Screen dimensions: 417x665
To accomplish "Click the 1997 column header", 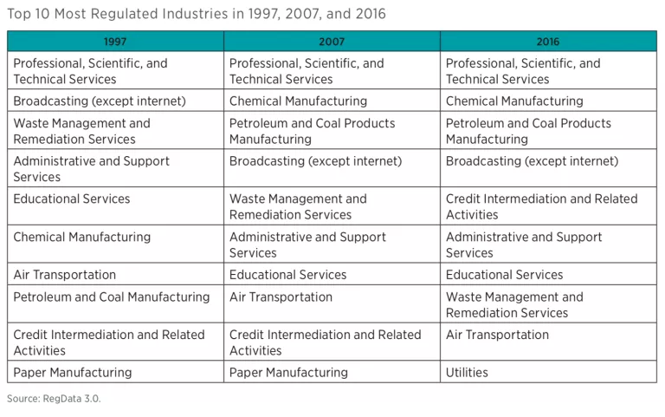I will tap(115, 42).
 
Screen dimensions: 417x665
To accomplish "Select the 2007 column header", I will tap(332, 42).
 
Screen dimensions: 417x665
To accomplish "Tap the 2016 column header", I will tap(547, 42).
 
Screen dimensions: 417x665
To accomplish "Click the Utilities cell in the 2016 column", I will tap(468, 373).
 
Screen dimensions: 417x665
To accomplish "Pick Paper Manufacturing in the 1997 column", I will tap(73, 373).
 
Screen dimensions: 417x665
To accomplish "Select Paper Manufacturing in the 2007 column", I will tap(289, 373).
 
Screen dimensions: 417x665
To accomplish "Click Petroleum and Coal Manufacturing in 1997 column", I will tap(112, 297).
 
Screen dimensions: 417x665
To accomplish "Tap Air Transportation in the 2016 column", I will tap(498, 335).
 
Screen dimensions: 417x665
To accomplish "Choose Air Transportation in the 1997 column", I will tap(65, 275).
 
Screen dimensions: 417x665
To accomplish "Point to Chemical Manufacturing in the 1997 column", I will tap(82, 237).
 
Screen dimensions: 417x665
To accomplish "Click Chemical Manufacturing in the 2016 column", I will tap(515, 101).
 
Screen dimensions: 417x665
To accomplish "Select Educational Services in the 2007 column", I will tap(288, 275).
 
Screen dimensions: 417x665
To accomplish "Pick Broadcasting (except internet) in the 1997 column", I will tap(100, 101).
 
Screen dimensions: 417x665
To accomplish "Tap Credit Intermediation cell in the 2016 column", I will tap(541, 206).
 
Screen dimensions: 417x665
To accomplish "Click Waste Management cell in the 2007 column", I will tap(298, 206).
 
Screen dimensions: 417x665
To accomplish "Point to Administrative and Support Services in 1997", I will tap(91, 168).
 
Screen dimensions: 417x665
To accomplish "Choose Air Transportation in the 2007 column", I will tap(281, 297).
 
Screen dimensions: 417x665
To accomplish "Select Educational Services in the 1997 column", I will tap(72, 199).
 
